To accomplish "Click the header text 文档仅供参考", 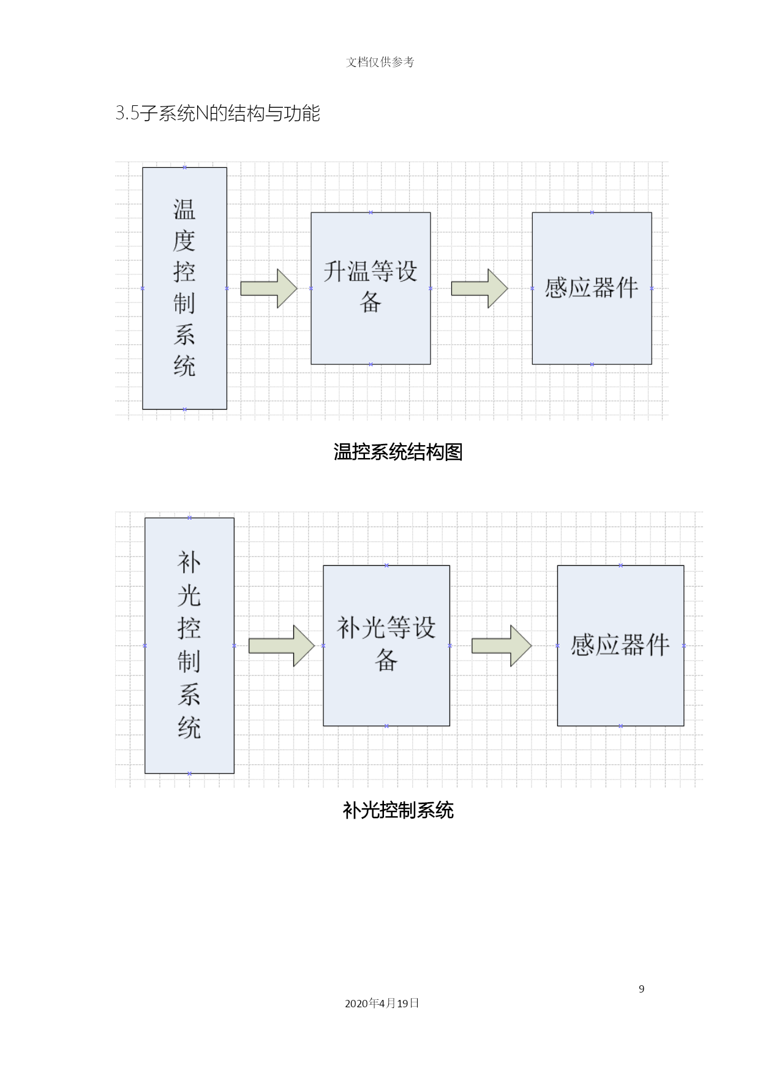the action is coord(380,62).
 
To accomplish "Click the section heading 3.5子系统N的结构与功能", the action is coord(218,113).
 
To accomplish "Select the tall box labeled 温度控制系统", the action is coord(184,288).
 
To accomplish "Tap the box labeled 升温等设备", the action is coord(371,288).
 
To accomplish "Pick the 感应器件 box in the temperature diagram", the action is coord(592,288).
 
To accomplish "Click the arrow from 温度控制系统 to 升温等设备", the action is coord(269,288).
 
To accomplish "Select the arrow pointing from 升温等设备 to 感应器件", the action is coord(480,288).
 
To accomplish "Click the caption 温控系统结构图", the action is coord(398,452).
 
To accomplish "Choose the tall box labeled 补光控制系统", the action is coord(189,645).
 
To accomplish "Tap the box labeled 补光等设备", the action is coord(386,645).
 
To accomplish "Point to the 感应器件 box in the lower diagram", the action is coord(620,645).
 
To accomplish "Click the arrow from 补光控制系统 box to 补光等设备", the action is coord(282,645).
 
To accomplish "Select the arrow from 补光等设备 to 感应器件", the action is coord(502,645).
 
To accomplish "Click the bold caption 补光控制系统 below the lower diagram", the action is coord(398,810).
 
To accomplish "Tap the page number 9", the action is coord(642,989).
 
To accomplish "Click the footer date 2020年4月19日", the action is coord(382,1003).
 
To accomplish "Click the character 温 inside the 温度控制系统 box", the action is coord(184,209).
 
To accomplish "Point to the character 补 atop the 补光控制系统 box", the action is coord(189,562).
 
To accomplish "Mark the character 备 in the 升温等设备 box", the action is coord(371,302).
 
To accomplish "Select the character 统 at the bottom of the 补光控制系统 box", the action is coord(189,727).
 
